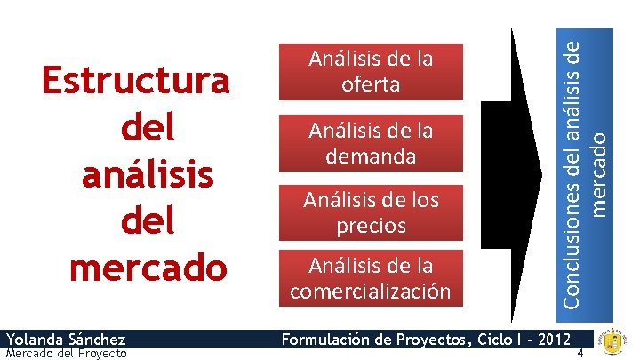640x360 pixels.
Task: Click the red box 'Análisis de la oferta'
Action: [x=371, y=72]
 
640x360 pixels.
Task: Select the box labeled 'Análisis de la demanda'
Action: [x=371, y=142]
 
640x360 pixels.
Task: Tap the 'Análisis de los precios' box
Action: [x=371, y=212]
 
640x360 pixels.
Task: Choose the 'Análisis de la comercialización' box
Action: [x=371, y=277]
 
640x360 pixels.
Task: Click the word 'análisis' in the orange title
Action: [x=147, y=173]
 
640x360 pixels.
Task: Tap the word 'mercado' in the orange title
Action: [x=148, y=266]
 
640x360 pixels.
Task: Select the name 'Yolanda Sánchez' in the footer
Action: [x=65, y=339]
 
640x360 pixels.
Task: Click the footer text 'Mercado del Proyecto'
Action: [x=65, y=353]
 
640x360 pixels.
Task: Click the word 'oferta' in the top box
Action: [x=371, y=84]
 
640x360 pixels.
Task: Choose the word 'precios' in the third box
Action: [x=371, y=225]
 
